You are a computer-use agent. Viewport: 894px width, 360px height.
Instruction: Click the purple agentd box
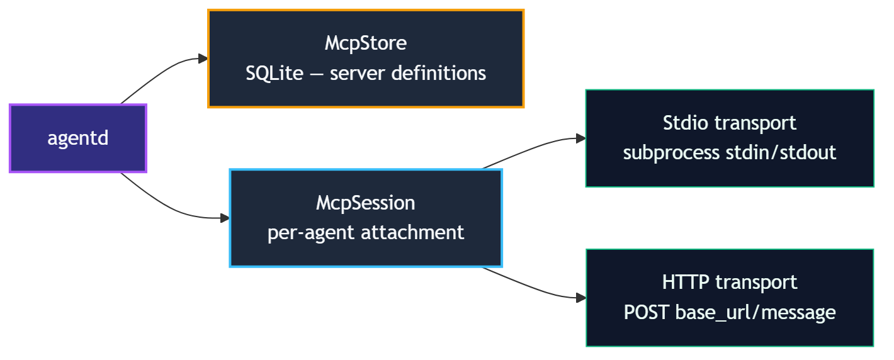click(x=77, y=138)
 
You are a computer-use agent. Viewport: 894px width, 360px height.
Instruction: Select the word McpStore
click(x=366, y=43)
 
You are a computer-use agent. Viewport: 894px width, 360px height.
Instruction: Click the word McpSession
click(x=366, y=203)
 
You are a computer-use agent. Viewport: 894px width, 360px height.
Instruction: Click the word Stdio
click(x=686, y=123)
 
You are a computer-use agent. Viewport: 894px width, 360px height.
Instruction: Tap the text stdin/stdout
click(x=781, y=153)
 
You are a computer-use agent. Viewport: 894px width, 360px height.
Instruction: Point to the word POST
click(x=647, y=312)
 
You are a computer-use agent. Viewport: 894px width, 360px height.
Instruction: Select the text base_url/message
click(x=755, y=312)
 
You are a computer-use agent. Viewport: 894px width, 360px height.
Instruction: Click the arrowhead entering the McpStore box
click(x=203, y=59)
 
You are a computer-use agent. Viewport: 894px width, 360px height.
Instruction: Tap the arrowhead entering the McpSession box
click(x=225, y=218)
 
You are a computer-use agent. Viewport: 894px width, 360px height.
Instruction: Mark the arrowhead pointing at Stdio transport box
click(x=580, y=138)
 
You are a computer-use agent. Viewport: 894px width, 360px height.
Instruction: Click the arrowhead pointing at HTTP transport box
click(x=580, y=298)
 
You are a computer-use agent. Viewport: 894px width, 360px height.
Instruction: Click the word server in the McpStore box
click(x=358, y=73)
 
